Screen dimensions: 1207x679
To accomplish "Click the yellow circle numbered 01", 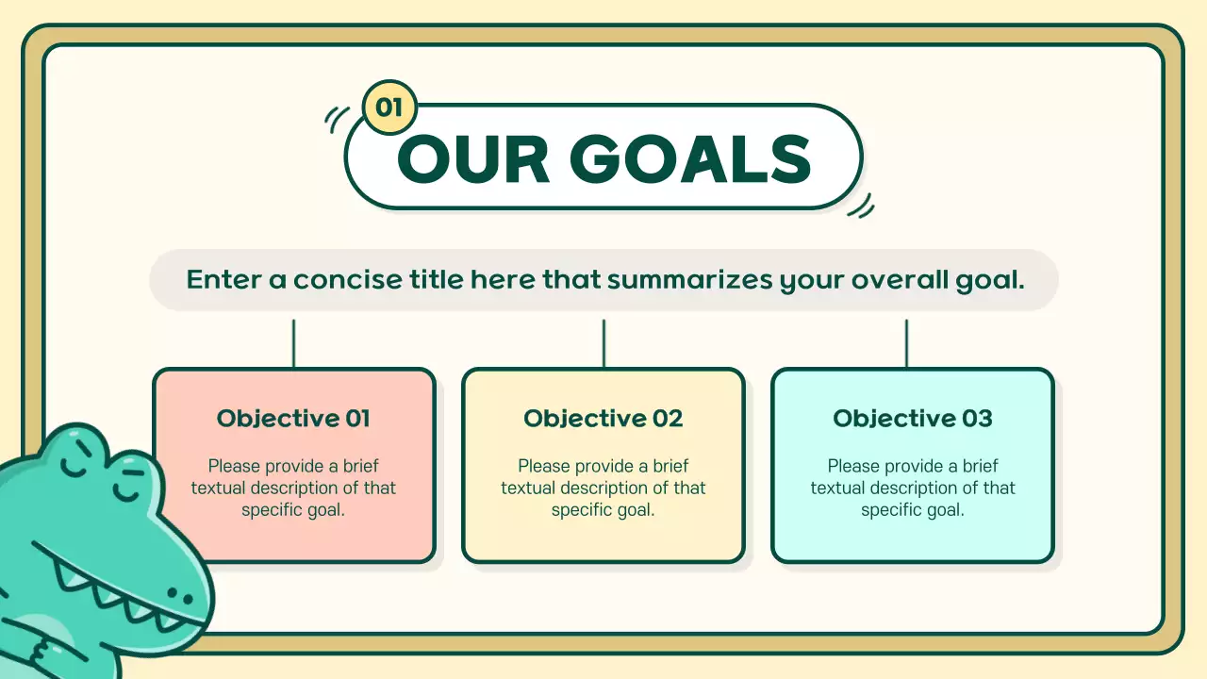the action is (389, 108).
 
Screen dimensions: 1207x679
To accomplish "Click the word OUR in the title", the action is (473, 159).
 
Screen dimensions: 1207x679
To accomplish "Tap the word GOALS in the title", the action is (690, 159).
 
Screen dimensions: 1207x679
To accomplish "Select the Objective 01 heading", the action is (293, 419).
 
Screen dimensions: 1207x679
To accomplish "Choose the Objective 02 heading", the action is (603, 419).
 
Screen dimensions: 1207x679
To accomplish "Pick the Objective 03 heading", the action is (913, 419).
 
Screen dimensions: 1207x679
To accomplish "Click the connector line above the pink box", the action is (293, 344).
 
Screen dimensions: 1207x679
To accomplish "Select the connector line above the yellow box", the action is (603, 344).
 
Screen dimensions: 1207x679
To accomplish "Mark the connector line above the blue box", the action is (906, 344).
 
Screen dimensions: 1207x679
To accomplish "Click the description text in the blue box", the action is (913, 488).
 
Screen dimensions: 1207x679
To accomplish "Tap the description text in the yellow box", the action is (603, 488).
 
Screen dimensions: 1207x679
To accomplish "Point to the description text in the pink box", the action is (293, 488).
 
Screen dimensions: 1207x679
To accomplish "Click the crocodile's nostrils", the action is (180, 595).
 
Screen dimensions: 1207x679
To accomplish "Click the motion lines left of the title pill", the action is (337, 120).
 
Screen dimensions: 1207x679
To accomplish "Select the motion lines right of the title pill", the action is (861, 207).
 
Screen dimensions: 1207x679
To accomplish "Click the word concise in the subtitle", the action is (348, 280).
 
